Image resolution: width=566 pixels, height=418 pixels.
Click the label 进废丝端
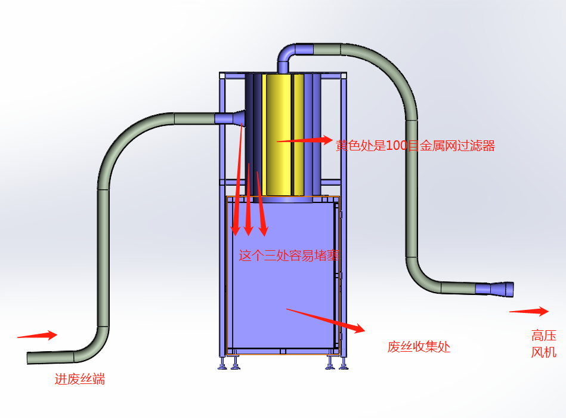pyautogui.click(x=80, y=379)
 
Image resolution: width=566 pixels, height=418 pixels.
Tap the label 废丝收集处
pyautogui.click(x=419, y=346)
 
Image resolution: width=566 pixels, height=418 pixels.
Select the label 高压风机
pyautogui.click(x=543, y=343)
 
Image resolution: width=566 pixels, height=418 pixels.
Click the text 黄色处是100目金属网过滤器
pyautogui.click(x=415, y=145)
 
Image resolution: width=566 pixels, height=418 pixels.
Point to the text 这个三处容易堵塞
pyautogui.click(x=289, y=256)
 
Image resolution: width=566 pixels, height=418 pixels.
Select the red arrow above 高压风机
pyautogui.click(x=528, y=311)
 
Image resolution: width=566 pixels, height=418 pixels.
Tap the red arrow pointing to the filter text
pyautogui.click(x=304, y=140)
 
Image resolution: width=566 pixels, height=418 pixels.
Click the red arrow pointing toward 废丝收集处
pyautogui.click(x=325, y=319)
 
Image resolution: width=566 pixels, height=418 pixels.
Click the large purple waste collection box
pyautogui.click(x=280, y=275)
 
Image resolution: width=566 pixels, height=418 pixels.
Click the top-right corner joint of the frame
pyautogui.click(x=343, y=76)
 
